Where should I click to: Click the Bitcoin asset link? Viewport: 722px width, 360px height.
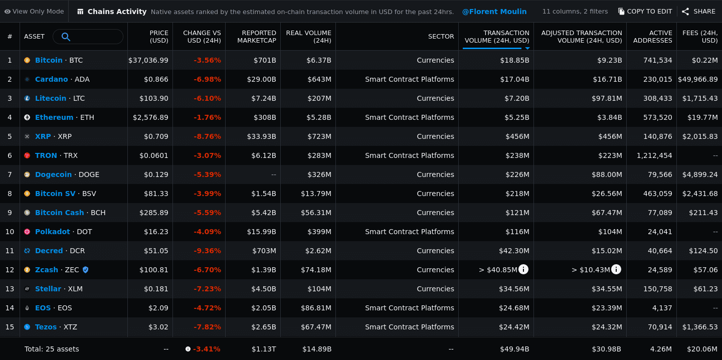click(49, 60)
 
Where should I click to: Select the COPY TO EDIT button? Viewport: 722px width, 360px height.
click(645, 11)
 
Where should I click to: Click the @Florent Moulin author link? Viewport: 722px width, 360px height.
click(494, 11)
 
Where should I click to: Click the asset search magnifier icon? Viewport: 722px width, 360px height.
click(66, 37)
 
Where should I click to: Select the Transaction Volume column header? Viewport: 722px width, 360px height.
click(496, 36)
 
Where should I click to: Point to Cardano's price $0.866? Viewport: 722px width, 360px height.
click(156, 79)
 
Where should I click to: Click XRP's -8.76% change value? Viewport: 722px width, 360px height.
click(207, 136)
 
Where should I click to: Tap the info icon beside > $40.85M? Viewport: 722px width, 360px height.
click(523, 270)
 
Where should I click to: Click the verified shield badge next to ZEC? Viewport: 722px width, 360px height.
click(85, 270)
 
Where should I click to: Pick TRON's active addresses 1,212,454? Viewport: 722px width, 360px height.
click(654, 155)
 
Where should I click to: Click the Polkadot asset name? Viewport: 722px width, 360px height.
click(52, 232)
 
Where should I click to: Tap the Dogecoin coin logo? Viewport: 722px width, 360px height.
click(27, 174)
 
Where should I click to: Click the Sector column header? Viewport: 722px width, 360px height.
click(441, 36)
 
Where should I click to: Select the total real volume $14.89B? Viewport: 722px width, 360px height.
click(316, 349)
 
